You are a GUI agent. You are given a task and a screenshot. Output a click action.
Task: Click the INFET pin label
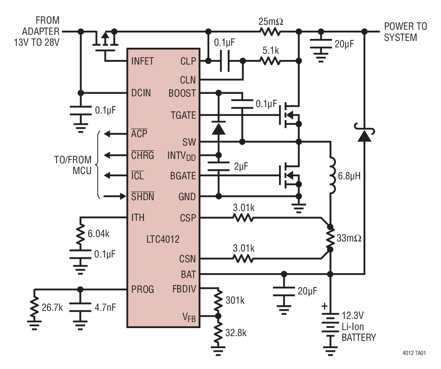[x=142, y=62]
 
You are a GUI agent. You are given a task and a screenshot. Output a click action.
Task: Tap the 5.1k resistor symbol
[x=271, y=61]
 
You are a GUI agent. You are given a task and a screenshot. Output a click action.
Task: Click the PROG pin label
[x=143, y=289]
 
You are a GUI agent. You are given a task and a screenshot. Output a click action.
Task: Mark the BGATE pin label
[x=183, y=176]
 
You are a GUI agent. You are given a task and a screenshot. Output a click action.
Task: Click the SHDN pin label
[x=143, y=197]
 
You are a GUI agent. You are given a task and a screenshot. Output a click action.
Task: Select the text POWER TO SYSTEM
[x=405, y=32]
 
